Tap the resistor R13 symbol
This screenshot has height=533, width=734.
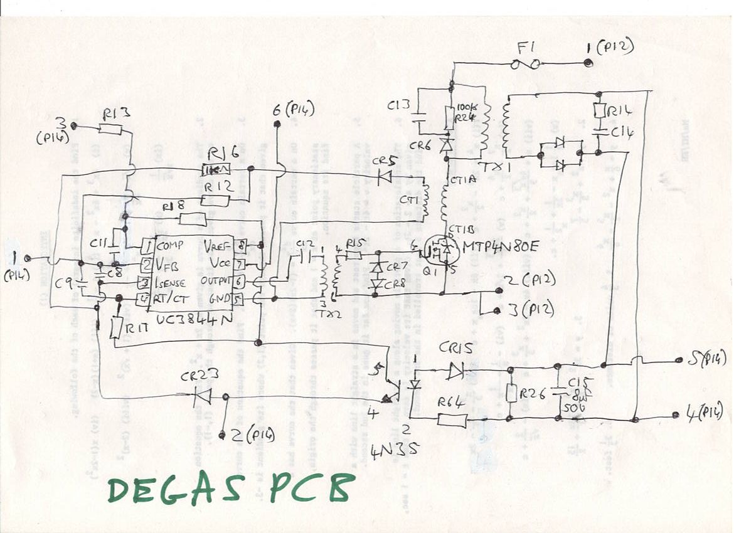pyautogui.click(x=110, y=129)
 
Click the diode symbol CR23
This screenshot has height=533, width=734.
pyautogui.click(x=202, y=395)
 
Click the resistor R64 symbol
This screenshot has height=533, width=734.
pyautogui.click(x=452, y=420)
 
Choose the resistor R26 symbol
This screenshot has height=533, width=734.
pyautogui.click(x=510, y=393)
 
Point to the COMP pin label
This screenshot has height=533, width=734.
pyautogui.click(x=171, y=245)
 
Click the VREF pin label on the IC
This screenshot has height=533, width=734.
pyautogui.click(x=219, y=246)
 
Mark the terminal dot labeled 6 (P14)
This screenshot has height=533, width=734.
pyautogui.click(x=277, y=125)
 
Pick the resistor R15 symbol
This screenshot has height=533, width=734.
pyautogui.click(x=353, y=255)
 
